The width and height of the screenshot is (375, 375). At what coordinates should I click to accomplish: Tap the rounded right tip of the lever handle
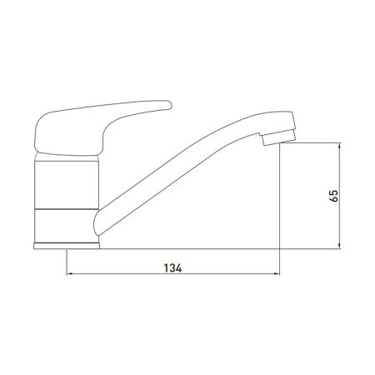(169, 105)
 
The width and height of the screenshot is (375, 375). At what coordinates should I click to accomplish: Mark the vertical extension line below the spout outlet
(277, 208)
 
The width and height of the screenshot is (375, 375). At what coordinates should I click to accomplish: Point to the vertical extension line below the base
(65, 262)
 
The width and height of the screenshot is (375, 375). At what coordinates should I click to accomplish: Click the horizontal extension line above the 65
(312, 143)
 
